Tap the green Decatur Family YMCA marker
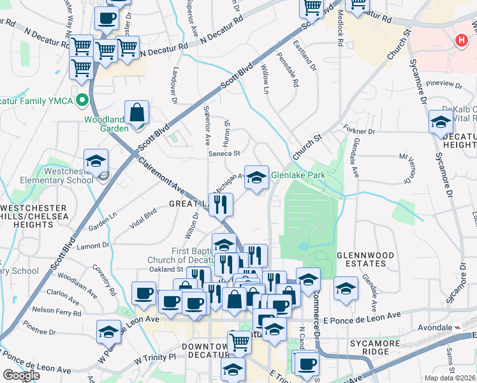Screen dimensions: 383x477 [x=82, y=100]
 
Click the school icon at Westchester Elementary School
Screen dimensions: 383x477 [x=96, y=161]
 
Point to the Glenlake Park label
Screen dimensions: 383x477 [x=298, y=175]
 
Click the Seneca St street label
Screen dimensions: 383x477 [x=224, y=153]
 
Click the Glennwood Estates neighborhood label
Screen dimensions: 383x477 [x=374, y=260]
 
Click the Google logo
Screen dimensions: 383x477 [x=21, y=375]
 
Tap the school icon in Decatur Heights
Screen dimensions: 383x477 [x=441, y=122]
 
